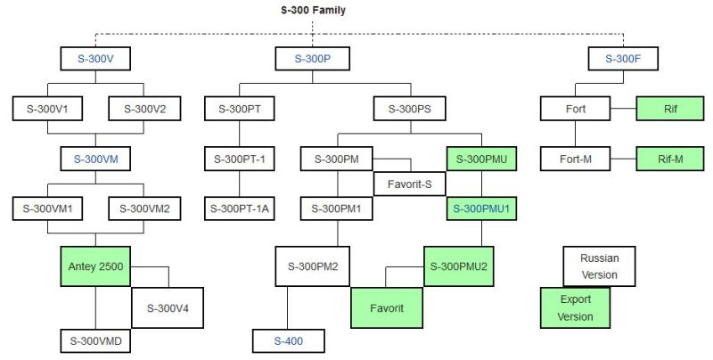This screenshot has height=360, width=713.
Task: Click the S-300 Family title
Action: pos(313,10)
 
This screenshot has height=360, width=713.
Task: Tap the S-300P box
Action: pos(313,59)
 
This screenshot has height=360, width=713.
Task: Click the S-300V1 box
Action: pos(47,109)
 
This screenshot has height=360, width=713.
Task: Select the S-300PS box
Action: pos(410,109)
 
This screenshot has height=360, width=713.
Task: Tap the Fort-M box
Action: pos(575,160)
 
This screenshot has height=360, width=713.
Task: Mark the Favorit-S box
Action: pos(409,184)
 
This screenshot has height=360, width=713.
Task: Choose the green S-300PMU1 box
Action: pos(482,209)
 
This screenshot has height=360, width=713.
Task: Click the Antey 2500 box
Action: pos(95,266)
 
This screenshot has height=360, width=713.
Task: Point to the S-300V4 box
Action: pos(168,308)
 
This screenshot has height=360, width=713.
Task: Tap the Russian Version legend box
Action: pos(599,266)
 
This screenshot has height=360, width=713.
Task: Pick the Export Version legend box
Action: pos(576,307)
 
